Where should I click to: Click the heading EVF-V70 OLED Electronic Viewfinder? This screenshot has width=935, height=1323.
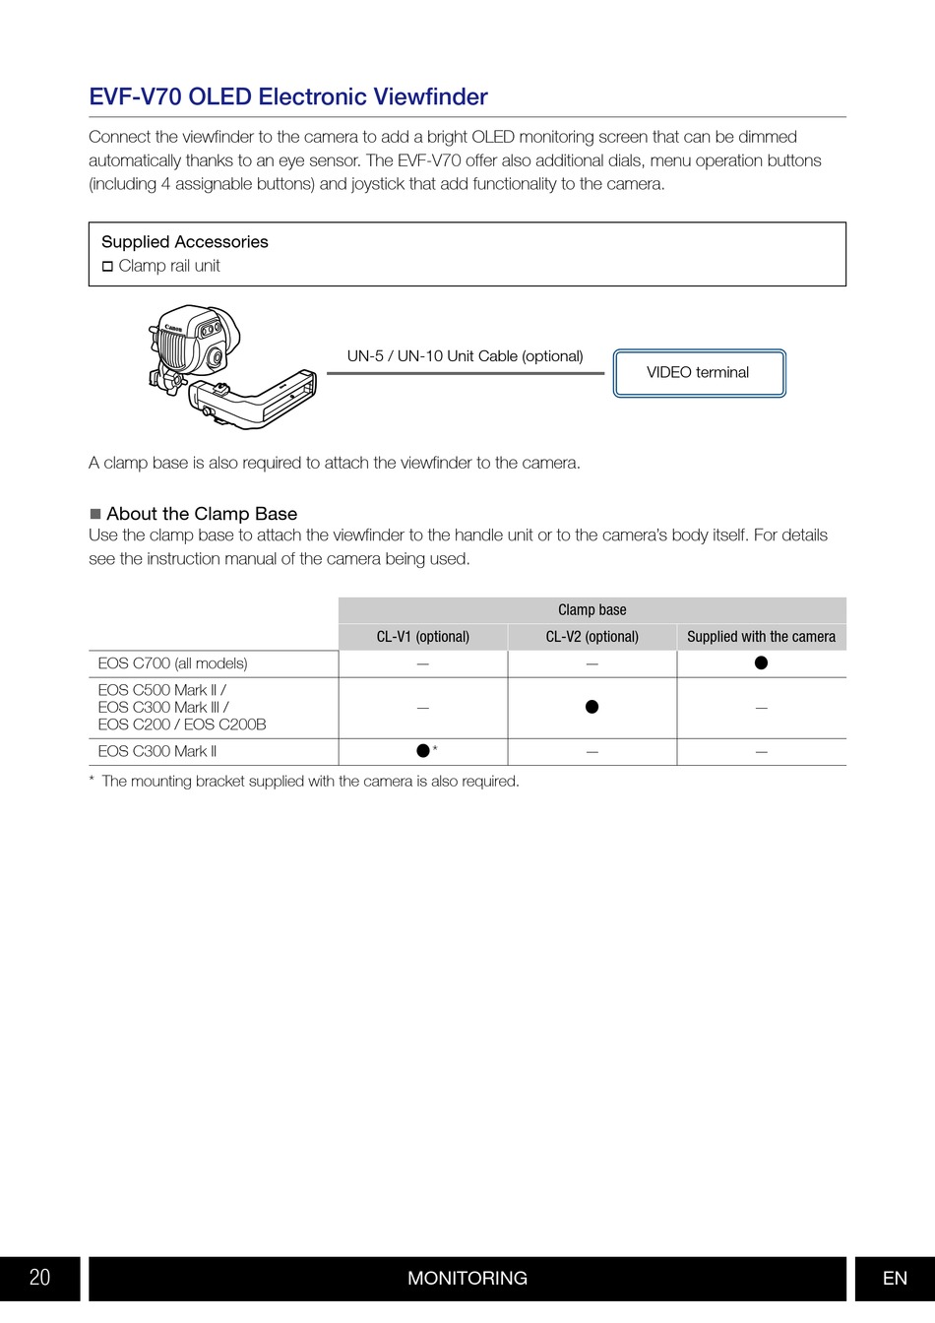pyautogui.click(x=288, y=96)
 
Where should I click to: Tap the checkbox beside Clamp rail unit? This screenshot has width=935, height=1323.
pyautogui.click(x=107, y=267)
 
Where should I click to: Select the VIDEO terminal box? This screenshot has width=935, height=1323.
pyautogui.click(x=700, y=373)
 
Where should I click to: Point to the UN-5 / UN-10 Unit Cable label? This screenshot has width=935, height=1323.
pyautogui.click(x=465, y=356)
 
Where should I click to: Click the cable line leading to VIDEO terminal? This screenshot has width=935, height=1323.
pyautogui.click(x=466, y=373)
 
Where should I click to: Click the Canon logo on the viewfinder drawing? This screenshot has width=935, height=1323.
pyautogui.click(x=173, y=327)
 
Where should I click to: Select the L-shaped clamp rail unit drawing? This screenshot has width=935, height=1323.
pyautogui.click(x=252, y=399)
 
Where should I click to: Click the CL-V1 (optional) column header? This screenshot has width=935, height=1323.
pyautogui.click(x=423, y=637)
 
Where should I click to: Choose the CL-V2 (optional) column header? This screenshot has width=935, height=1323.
pyautogui.click(x=592, y=637)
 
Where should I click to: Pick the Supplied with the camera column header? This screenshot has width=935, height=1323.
pyautogui.click(x=762, y=637)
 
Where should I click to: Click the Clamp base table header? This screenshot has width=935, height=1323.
pyautogui.click(x=592, y=610)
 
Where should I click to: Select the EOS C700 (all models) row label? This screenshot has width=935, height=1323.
pyautogui.click(x=172, y=663)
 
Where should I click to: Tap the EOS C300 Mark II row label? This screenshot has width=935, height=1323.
pyautogui.click(x=157, y=752)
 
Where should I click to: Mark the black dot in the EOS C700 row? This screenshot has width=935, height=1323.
pyautogui.click(x=762, y=663)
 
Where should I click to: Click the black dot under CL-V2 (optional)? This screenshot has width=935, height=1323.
pyautogui.click(x=592, y=707)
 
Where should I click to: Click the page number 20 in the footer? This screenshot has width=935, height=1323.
pyautogui.click(x=39, y=1278)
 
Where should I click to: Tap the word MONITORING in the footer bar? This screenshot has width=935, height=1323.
pyautogui.click(x=467, y=1278)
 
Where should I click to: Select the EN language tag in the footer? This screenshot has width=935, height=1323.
pyautogui.click(x=895, y=1278)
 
